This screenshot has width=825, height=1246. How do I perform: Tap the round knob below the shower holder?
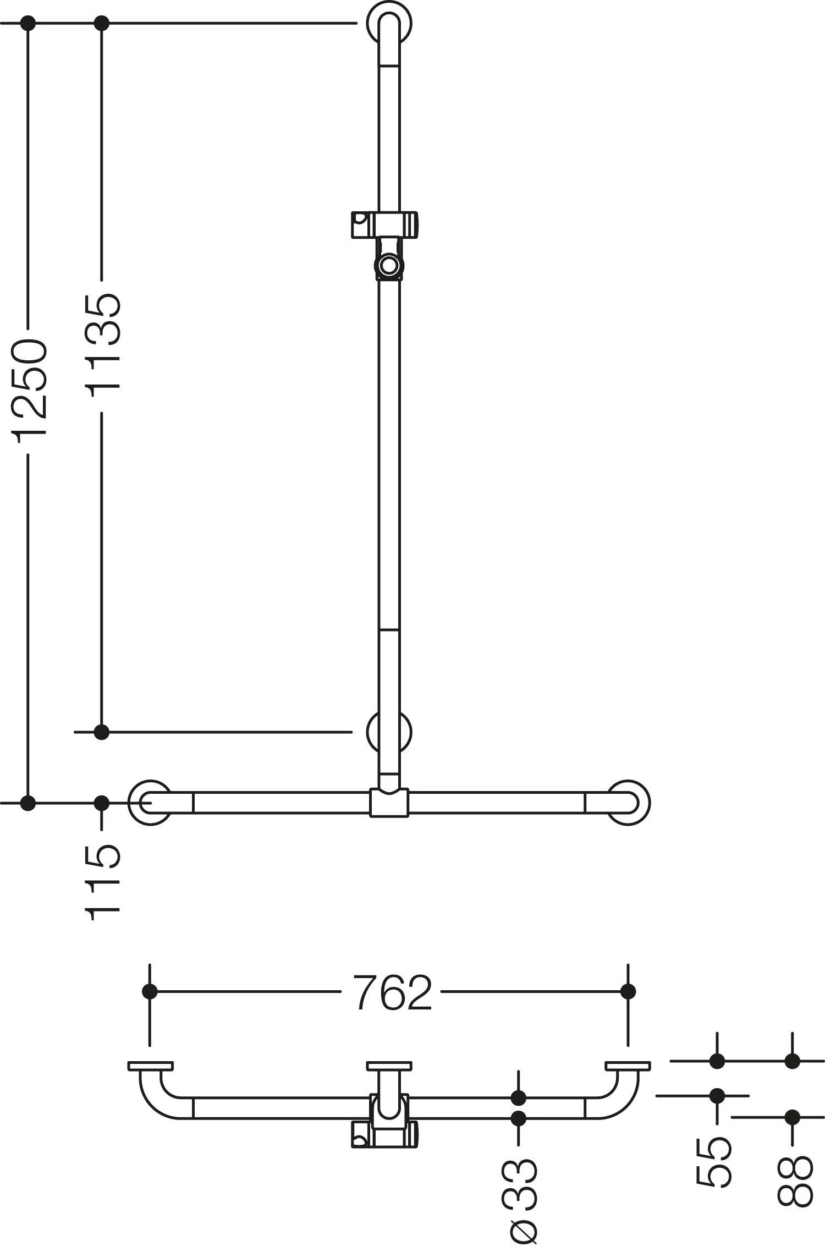coord(390,266)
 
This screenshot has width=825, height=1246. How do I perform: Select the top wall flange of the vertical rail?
coord(391,25)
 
